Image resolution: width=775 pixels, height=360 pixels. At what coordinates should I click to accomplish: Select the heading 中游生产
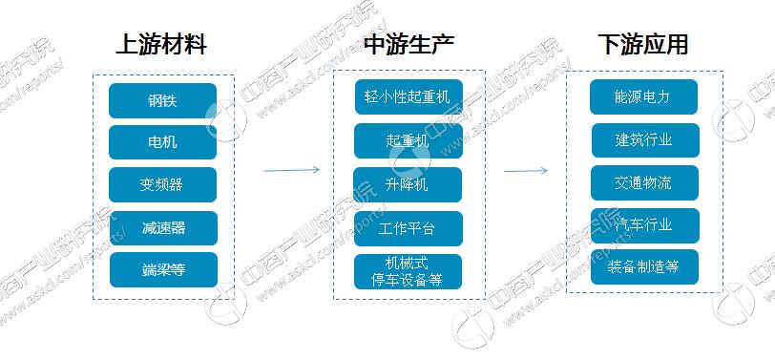(408, 44)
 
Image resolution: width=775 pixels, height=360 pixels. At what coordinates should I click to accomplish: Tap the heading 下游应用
(642, 44)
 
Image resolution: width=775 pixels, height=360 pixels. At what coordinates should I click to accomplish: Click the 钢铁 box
(162, 100)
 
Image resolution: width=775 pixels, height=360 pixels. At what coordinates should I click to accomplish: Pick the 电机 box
(162, 142)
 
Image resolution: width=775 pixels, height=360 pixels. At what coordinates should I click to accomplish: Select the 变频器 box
(162, 185)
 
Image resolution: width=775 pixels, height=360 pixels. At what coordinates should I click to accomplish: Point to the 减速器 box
(162, 227)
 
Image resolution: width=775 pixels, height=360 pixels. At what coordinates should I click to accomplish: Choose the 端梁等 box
(162, 269)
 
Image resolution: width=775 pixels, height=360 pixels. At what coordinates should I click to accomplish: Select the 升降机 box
(408, 184)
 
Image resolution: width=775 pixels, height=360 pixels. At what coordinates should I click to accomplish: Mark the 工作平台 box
(408, 228)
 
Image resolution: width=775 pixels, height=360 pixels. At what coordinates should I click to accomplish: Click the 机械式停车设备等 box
(408, 271)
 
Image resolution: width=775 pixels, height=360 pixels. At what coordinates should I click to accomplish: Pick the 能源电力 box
(643, 96)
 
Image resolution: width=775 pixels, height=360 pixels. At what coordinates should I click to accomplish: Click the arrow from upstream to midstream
(291, 171)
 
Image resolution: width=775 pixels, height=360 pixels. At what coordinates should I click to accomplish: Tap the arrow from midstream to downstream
(526, 171)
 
